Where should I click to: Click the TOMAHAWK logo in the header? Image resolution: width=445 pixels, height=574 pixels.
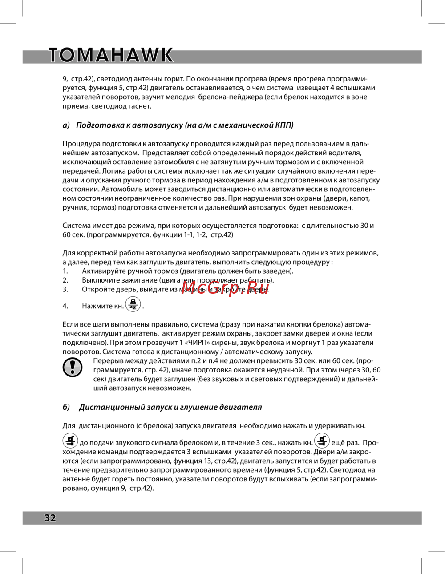click(110, 55)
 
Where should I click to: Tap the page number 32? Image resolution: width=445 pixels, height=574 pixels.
click(50, 517)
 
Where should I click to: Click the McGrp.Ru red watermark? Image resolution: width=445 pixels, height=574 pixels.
click(225, 288)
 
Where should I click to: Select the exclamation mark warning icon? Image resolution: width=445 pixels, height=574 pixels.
click(73, 367)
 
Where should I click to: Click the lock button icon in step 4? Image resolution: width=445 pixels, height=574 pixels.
click(133, 305)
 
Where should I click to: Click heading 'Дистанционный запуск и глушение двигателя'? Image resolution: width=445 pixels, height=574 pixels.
click(170, 407)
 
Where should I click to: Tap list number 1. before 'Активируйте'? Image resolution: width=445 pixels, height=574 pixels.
click(65, 271)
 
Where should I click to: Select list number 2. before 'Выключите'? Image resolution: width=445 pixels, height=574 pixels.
click(65, 280)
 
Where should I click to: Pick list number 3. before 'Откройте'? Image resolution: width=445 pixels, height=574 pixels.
click(65, 289)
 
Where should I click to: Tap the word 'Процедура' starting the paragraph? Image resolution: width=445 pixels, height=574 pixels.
click(81, 144)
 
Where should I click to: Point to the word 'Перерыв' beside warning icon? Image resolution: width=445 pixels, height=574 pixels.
click(109, 361)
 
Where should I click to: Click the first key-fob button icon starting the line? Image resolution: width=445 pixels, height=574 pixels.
click(70, 441)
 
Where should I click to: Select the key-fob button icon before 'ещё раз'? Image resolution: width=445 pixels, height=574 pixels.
click(322, 441)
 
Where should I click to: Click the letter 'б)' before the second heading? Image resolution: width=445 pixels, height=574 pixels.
click(66, 407)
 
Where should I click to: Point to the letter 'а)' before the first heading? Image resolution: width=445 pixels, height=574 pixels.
click(66, 125)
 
